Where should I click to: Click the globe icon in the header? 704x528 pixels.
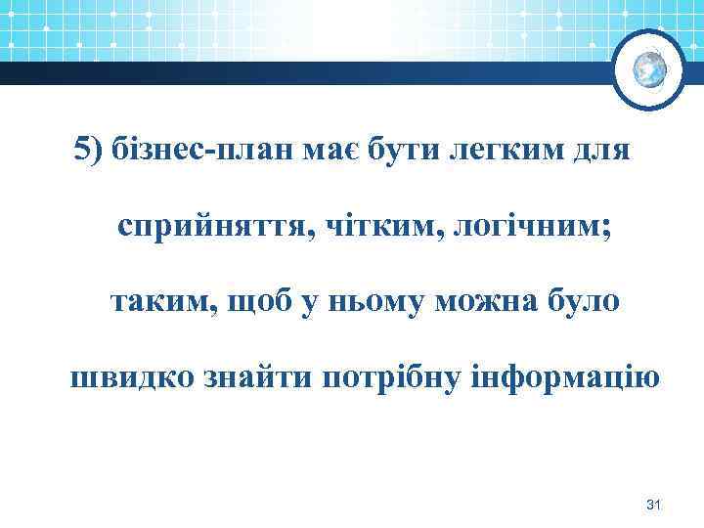coord(649,67)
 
